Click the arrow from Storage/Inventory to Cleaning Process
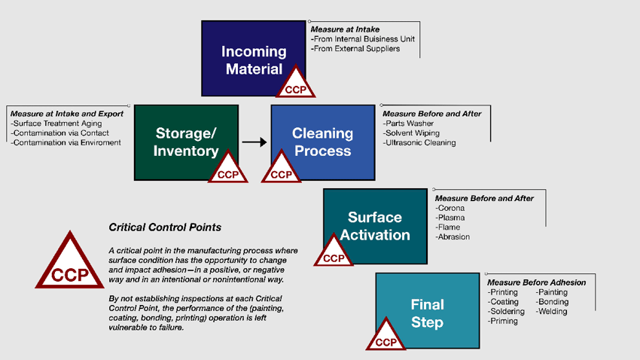[254, 142]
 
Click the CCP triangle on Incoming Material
[296, 85]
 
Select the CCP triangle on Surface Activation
[333, 253]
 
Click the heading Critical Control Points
[165, 227]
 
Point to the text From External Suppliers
[355, 49]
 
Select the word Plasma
[450, 218]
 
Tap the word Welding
[553, 312]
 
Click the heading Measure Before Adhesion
[536, 282]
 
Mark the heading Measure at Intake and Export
[67, 114]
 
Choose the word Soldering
[506, 312]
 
